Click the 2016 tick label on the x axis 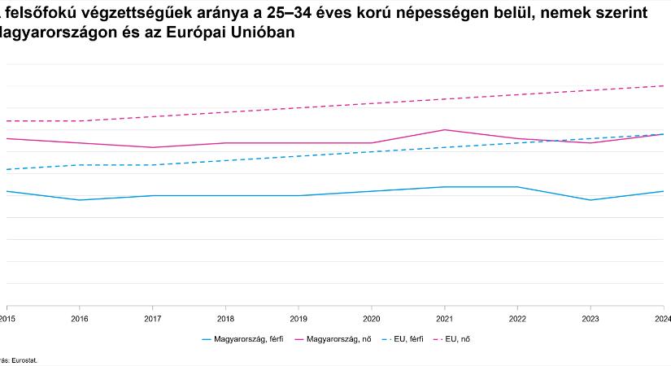(79, 318)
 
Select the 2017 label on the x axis (152, 318)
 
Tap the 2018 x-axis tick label (225, 318)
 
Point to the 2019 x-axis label (298, 318)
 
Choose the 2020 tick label (371, 318)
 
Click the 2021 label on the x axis (444, 318)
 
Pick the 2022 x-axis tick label (517, 318)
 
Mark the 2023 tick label (590, 318)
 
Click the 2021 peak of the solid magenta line (444, 130)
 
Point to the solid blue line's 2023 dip (590, 200)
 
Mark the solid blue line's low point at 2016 (79, 200)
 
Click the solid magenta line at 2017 (152, 147)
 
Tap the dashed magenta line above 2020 (371, 103)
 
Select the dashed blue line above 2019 (298, 156)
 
